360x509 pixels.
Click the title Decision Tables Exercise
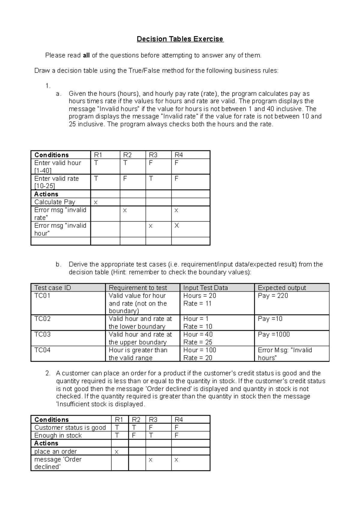[180, 39]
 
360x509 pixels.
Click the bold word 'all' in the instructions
[86, 55]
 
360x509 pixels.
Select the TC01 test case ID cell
[42, 296]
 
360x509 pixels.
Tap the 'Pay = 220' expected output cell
[273, 296]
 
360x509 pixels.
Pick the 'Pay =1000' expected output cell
[274, 335]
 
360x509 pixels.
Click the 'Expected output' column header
[282, 288]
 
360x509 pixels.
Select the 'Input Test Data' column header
[205, 288]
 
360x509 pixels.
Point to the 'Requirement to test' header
[138, 288]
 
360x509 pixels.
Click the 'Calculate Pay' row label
[55, 202]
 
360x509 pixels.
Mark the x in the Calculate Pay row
[96, 203]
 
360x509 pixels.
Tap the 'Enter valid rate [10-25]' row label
[56, 182]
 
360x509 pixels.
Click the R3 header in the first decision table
[153, 155]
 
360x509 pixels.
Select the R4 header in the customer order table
[179, 420]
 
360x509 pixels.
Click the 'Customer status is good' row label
[70, 427]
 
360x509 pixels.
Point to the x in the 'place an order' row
[117, 452]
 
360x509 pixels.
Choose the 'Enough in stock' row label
[58, 435]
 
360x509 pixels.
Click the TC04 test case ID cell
[42, 350]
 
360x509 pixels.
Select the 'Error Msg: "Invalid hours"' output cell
[285, 354]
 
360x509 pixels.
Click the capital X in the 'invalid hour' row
[177, 226]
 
